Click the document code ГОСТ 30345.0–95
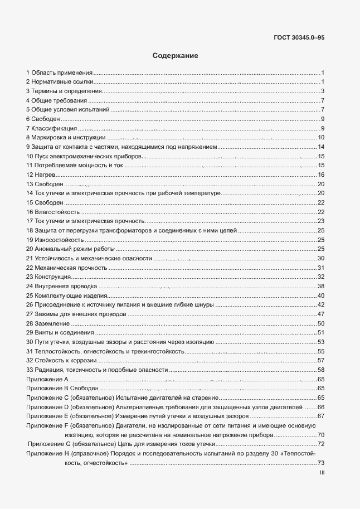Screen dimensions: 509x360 click(300, 38)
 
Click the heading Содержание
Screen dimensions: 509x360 click(176, 56)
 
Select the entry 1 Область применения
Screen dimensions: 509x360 click(59, 73)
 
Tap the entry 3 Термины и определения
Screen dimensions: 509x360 click(64, 91)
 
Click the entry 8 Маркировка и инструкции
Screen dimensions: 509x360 click(65, 138)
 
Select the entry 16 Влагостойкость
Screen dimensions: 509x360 click(53, 212)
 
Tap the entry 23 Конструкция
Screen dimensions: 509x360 click(48, 277)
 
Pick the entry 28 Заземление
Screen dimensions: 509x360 click(48, 323)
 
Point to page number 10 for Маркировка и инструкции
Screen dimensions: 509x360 click(321, 138)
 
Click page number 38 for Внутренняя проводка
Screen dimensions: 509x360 click(321, 286)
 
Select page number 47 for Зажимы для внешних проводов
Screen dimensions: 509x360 click(321, 314)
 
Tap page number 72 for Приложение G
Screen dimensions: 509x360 click(321, 444)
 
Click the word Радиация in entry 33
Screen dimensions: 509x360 click(50, 370)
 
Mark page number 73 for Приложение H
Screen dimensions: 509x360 click(321, 463)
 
